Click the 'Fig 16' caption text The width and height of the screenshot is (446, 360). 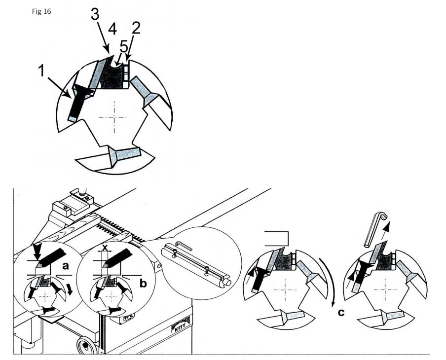[41, 11]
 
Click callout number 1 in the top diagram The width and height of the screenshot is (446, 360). [41, 71]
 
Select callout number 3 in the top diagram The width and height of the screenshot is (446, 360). [95, 14]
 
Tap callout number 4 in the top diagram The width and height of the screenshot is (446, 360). [112, 29]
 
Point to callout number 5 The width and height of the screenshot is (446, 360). [124, 47]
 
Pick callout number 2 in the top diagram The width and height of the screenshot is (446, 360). [136, 28]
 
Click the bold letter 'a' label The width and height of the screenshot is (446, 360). [66, 266]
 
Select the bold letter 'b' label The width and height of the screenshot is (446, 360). [144, 283]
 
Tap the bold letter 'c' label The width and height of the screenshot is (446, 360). [341, 313]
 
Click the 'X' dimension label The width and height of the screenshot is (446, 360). [105, 248]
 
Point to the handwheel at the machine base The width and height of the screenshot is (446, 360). [85, 345]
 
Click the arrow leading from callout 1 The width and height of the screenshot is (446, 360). [59, 87]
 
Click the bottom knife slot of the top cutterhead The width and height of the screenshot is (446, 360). [125, 155]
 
